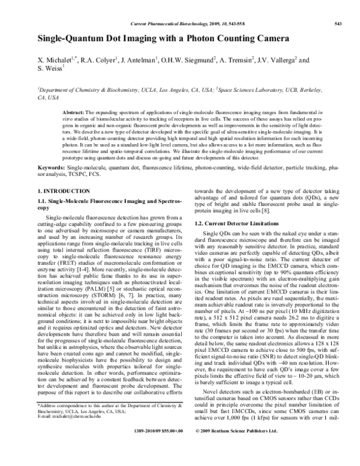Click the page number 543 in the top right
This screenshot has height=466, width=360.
click(337, 23)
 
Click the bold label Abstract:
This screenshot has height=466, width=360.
click(74, 113)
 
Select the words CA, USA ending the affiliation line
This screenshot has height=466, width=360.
click(49, 96)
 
